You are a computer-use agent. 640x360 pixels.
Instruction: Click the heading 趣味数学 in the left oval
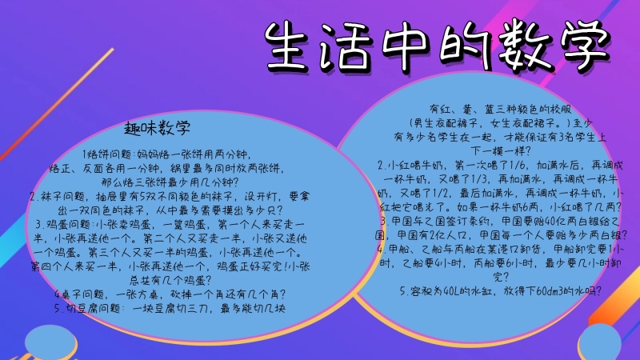pyautogui.click(x=158, y=128)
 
